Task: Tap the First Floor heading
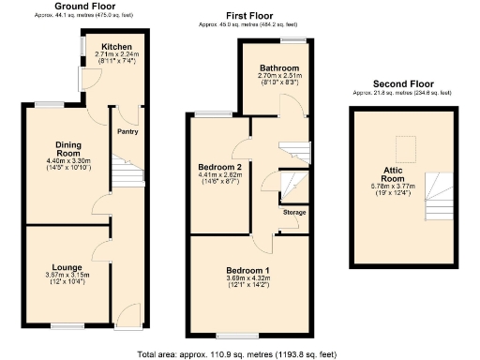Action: (x=249, y=16)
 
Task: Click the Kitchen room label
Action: (x=117, y=46)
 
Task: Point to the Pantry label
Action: (x=127, y=132)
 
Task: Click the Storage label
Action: (x=293, y=213)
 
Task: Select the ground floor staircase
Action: (x=125, y=173)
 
